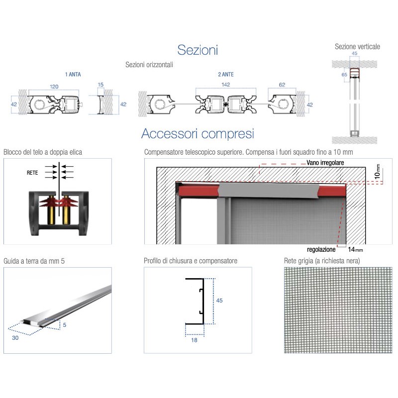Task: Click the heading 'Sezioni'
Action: [198, 50]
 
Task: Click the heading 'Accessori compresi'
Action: [198, 133]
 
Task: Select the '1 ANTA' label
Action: [73, 75]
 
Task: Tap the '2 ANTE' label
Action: [225, 75]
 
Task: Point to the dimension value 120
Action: [54, 86]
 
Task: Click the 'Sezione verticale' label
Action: [357, 47]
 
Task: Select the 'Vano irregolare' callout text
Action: [325, 163]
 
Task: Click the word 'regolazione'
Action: [321, 249]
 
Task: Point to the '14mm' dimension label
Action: [356, 249]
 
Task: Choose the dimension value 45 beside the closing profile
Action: [219, 300]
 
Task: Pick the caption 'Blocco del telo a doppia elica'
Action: [43, 152]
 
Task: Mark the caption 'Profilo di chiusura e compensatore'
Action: [191, 261]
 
